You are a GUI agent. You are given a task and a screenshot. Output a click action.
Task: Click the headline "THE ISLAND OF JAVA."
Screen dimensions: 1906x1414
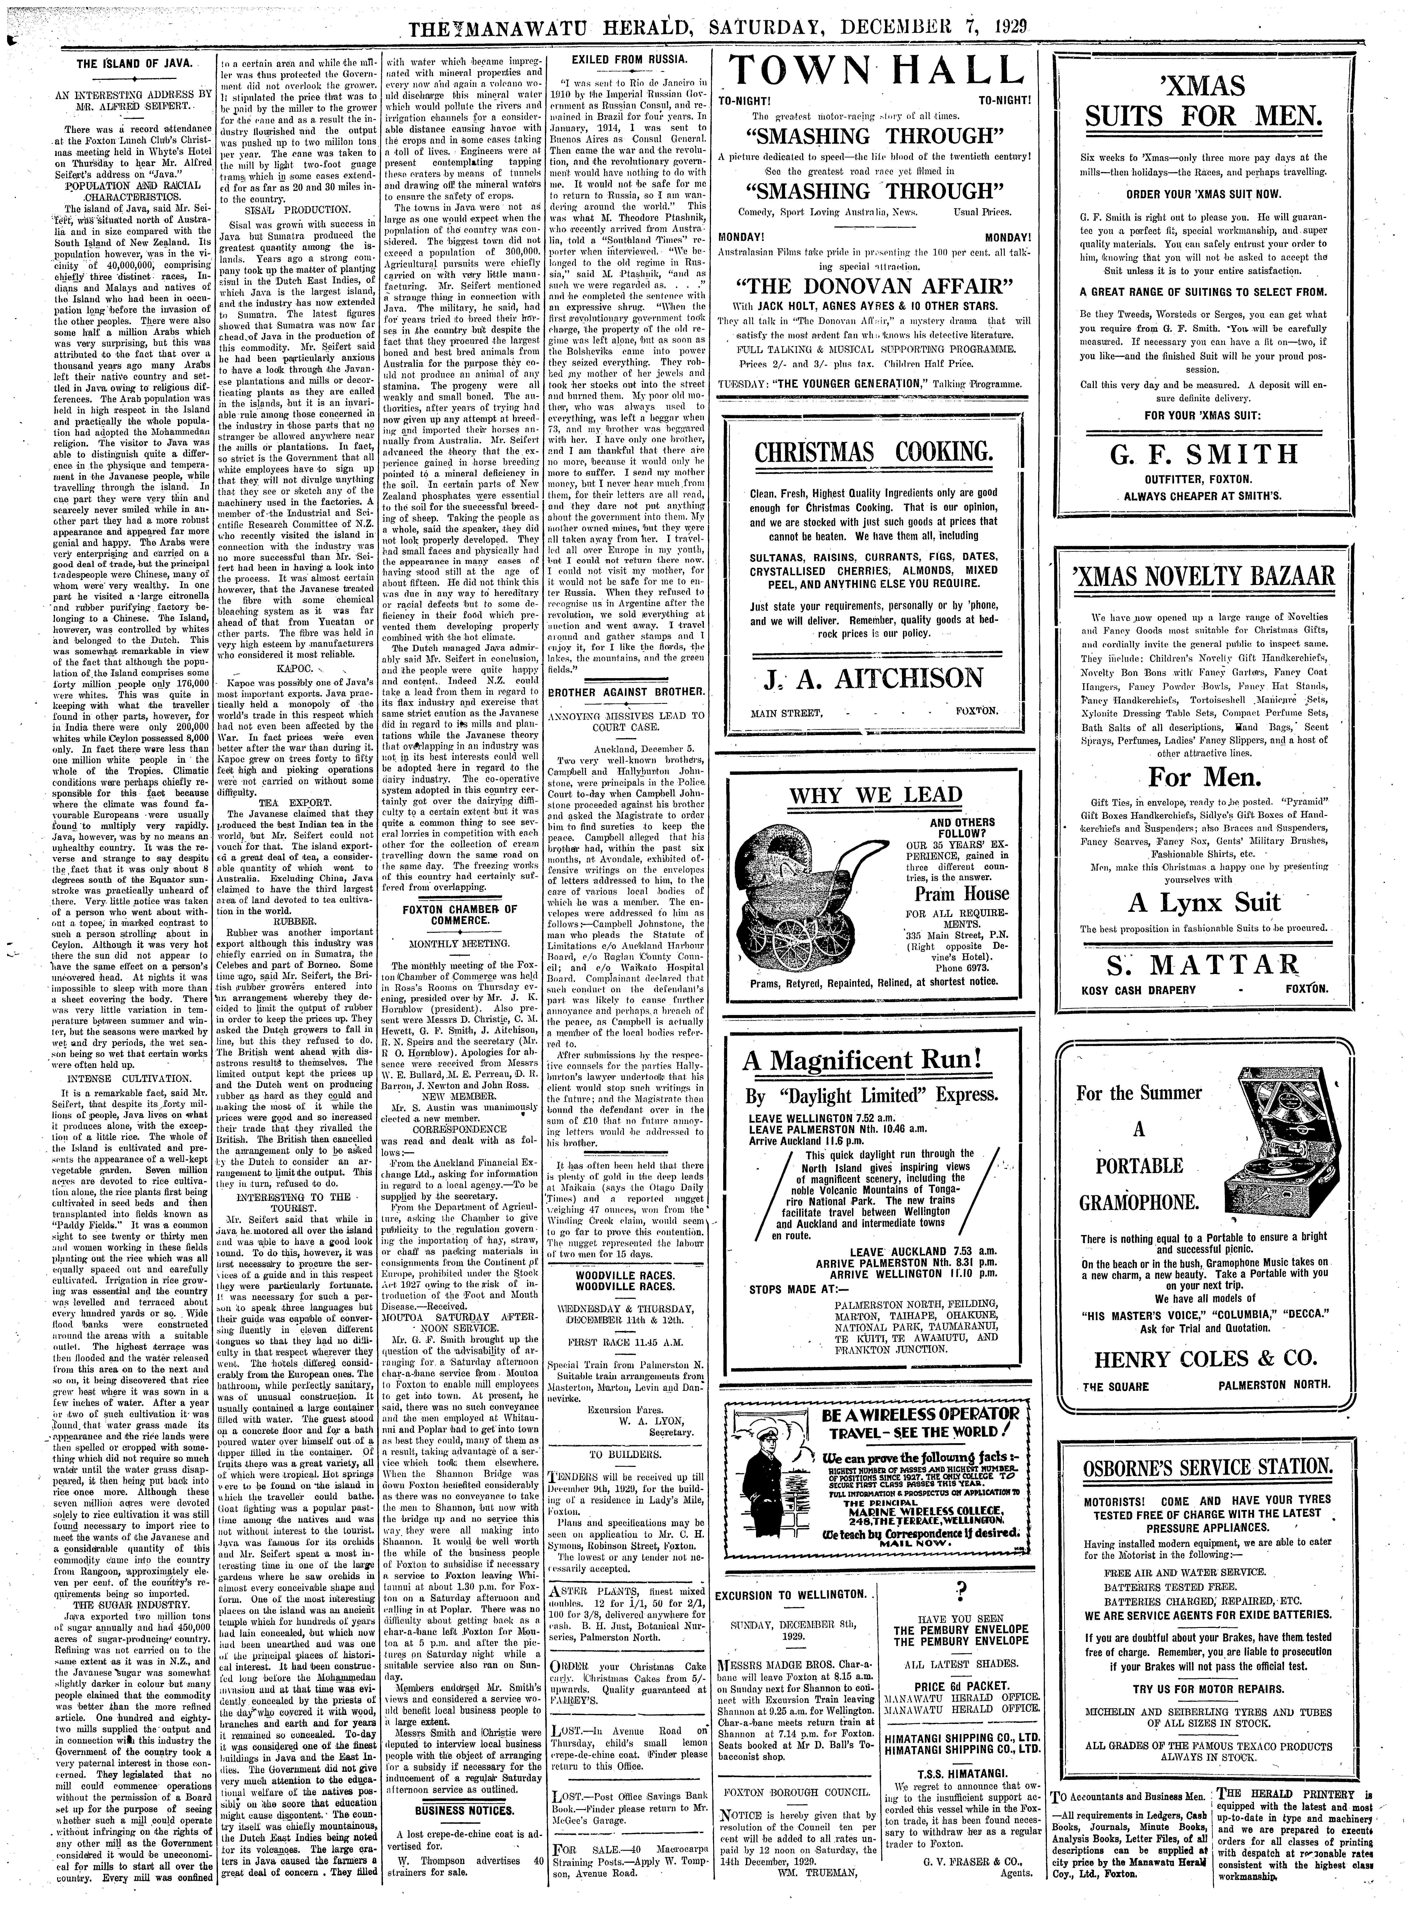pyautogui.click(x=134, y=64)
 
